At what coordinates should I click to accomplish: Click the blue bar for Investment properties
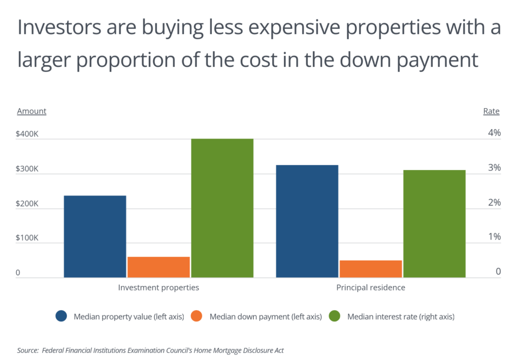click(x=95, y=237)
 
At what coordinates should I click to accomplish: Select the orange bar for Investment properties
click(x=159, y=267)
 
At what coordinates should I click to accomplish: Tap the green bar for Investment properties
click(x=222, y=209)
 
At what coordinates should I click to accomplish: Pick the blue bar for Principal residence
click(x=307, y=222)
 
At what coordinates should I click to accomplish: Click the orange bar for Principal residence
click(x=370, y=269)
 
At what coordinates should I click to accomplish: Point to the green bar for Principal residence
click(x=434, y=224)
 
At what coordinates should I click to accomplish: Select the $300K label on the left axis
click(x=27, y=168)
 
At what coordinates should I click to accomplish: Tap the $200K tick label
click(x=27, y=203)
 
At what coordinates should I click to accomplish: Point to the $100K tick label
click(x=27, y=238)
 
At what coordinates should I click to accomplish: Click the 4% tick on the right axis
click(x=494, y=133)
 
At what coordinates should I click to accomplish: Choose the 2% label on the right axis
click(x=494, y=203)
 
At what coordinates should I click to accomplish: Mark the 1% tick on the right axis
click(x=494, y=237)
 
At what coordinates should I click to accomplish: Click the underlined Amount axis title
click(x=32, y=111)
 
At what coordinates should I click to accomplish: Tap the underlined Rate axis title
click(x=491, y=111)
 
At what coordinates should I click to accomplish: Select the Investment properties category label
click(x=159, y=287)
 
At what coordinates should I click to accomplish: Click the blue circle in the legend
click(x=61, y=316)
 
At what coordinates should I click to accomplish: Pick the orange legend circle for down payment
click(x=197, y=316)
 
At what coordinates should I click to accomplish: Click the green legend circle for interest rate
click(x=335, y=316)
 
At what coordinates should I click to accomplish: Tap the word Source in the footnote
click(x=27, y=351)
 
